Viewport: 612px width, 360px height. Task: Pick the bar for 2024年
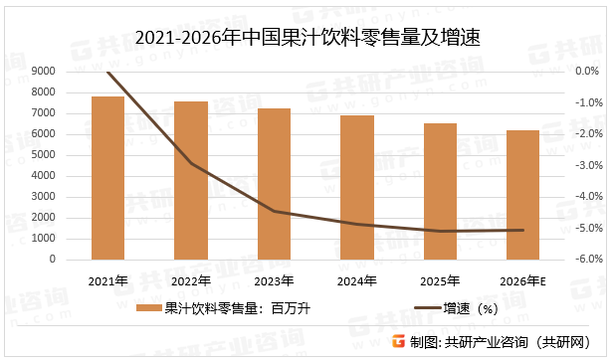pyautogui.click(x=357, y=187)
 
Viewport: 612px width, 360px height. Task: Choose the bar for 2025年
pyautogui.click(x=440, y=191)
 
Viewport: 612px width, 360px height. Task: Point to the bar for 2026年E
pyautogui.click(x=522, y=194)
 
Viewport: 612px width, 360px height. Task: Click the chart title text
pyautogui.click(x=306, y=39)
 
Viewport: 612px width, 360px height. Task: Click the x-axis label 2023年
pyautogui.click(x=274, y=280)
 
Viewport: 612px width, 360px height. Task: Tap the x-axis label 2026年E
pyautogui.click(x=522, y=280)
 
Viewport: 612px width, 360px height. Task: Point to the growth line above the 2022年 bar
pyautogui.click(x=191, y=163)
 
